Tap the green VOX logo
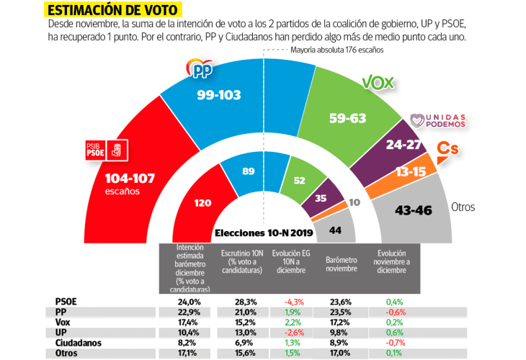coord(377,82)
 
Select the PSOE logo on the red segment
coord(107,150)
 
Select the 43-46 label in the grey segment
coord(413,210)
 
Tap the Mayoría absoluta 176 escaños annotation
coord(336,50)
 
